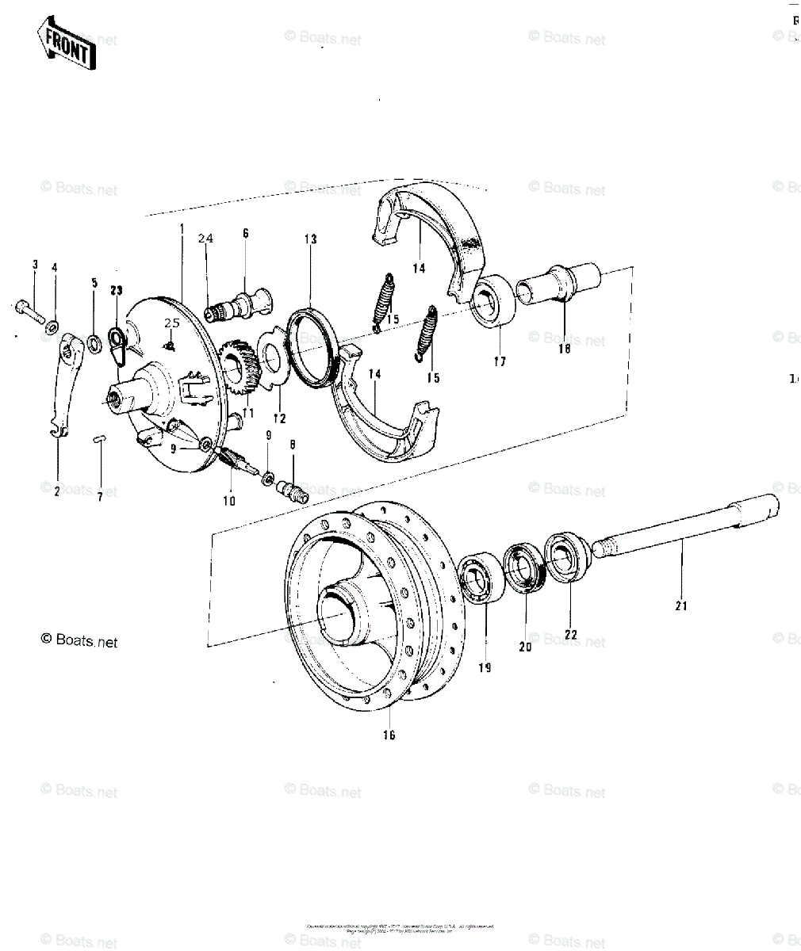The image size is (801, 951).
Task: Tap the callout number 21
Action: pyautogui.click(x=681, y=606)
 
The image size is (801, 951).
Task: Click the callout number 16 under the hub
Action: pyautogui.click(x=389, y=735)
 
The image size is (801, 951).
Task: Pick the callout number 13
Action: pyautogui.click(x=310, y=239)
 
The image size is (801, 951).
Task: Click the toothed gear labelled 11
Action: pyautogui.click(x=240, y=367)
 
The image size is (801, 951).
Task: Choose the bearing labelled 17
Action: pyautogui.click(x=492, y=301)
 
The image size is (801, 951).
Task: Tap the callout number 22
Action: pyautogui.click(x=571, y=634)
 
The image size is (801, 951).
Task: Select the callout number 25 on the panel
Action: pyautogui.click(x=172, y=322)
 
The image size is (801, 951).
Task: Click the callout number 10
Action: pyautogui.click(x=229, y=500)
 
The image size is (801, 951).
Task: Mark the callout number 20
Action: pyautogui.click(x=525, y=646)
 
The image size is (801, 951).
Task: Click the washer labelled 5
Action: pyautogui.click(x=94, y=343)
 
